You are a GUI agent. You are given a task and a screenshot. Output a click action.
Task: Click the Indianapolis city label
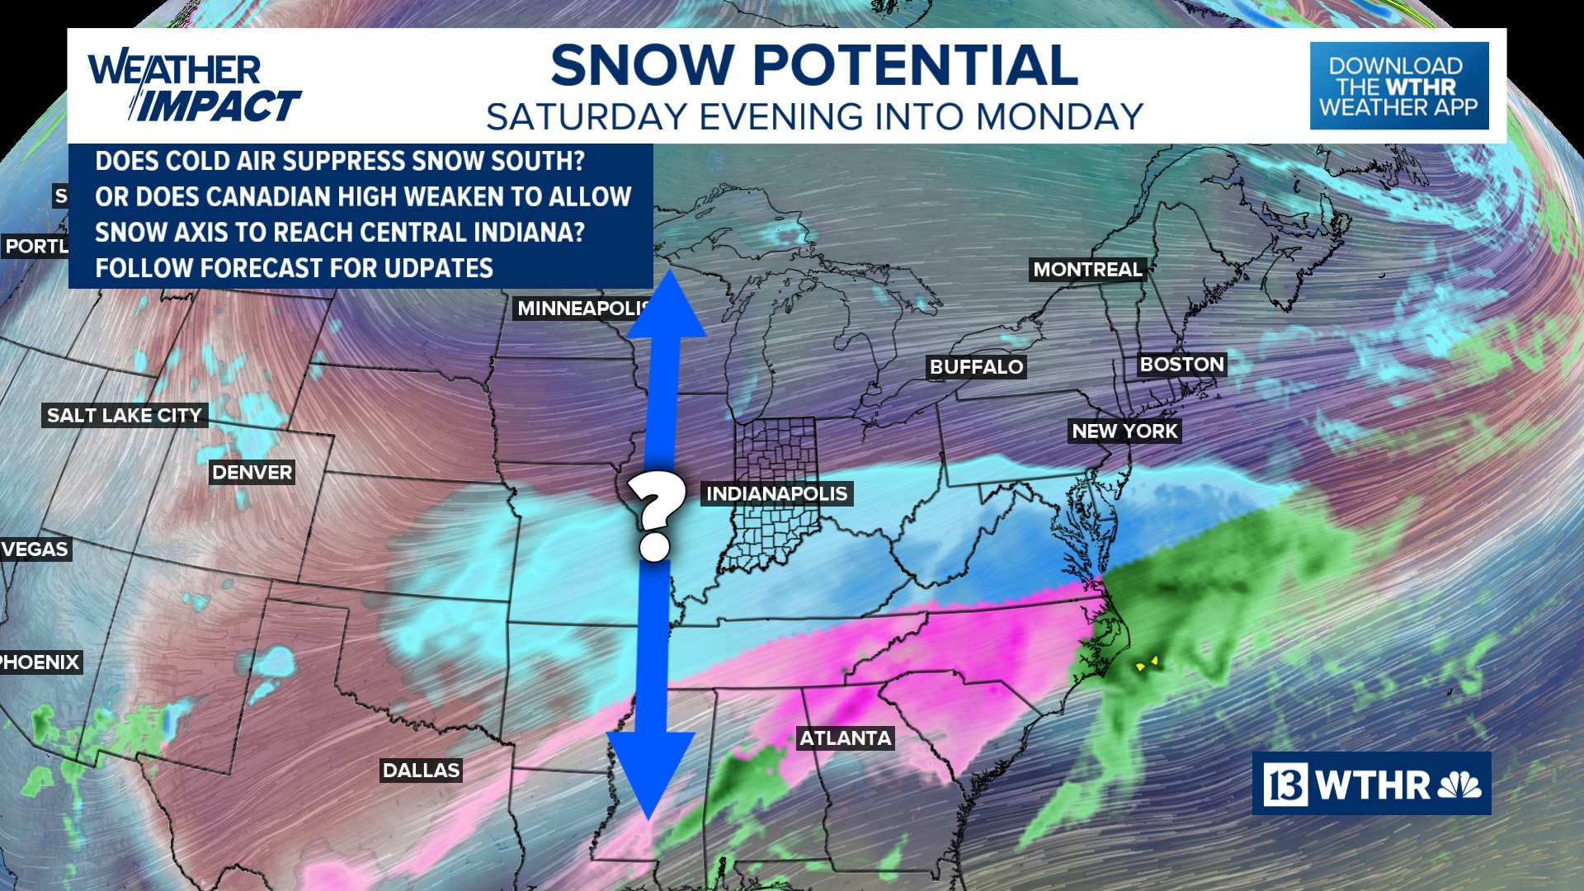click(776, 493)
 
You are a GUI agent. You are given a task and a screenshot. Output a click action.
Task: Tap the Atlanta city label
click(846, 738)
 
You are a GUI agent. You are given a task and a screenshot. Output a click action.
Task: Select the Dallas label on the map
click(421, 770)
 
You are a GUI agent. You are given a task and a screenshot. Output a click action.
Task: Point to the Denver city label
click(252, 472)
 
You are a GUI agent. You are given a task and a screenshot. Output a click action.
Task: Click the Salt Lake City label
click(124, 415)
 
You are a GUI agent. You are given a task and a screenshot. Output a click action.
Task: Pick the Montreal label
click(1087, 270)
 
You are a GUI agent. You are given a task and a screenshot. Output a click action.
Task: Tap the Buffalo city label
click(976, 366)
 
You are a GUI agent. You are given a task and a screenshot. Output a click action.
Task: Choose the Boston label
click(1181, 364)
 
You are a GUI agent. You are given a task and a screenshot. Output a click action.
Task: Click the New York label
click(1124, 431)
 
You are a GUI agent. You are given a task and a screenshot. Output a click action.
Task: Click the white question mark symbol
click(655, 516)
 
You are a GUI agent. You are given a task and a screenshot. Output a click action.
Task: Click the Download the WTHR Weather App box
click(1398, 86)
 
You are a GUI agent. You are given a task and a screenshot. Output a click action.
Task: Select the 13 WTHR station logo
click(1371, 784)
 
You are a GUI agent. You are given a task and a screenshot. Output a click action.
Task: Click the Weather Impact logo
click(194, 87)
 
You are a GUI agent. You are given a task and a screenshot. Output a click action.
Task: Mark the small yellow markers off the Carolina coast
click(1147, 663)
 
